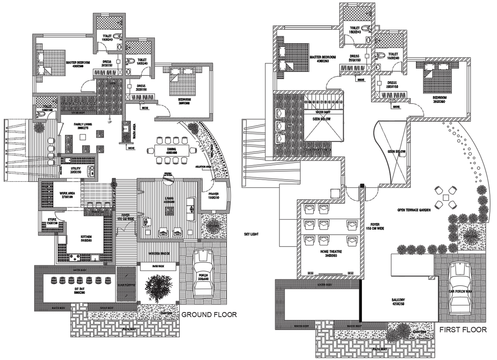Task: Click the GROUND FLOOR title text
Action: click(209, 315)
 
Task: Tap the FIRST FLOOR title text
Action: click(463, 330)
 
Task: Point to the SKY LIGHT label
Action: click(251, 234)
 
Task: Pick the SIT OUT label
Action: click(74, 290)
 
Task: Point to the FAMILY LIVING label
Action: click(83, 124)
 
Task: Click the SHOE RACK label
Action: click(159, 266)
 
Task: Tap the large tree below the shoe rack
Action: click(157, 287)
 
